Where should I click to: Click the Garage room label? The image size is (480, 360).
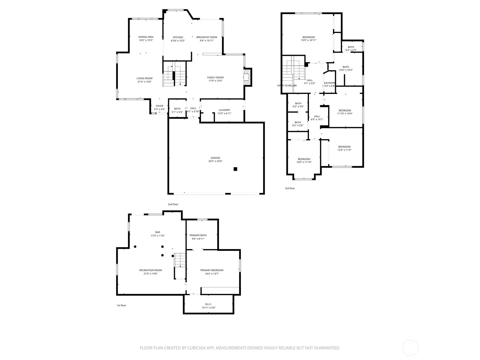215,158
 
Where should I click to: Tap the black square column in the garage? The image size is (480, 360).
235,169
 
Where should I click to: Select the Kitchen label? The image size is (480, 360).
178,37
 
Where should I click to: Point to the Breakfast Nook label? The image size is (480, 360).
207,37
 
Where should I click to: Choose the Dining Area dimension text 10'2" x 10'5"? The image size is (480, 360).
146,40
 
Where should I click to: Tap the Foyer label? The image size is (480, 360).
159,106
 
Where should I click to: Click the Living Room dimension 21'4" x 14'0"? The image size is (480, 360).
144,82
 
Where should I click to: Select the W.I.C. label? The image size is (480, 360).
208,304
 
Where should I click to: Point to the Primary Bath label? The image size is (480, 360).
198,235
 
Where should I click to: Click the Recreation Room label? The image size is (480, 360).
151,270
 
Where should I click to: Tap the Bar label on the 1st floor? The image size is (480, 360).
157,232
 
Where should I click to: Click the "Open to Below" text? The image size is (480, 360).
287,85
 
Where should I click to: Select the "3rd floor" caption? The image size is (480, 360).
290,188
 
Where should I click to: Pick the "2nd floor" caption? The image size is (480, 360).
173,204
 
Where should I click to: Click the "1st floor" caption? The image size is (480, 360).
121,305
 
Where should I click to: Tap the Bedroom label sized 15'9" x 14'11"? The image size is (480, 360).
309,37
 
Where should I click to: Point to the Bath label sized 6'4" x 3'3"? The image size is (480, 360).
351,47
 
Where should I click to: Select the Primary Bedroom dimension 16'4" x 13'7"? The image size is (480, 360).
212,274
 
